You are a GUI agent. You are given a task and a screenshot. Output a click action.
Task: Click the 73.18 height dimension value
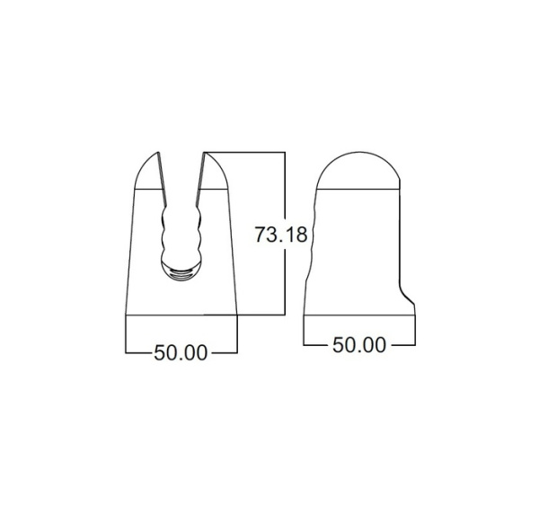click(281, 235)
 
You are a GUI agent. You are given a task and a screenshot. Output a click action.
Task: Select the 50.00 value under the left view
click(181, 352)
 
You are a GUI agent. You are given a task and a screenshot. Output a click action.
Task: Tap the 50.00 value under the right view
click(359, 344)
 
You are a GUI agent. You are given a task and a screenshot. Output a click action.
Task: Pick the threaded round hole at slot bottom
click(183, 272)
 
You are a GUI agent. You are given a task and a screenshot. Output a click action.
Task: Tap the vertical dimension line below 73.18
click(285, 283)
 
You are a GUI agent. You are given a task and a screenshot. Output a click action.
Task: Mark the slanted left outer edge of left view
click(129, 252)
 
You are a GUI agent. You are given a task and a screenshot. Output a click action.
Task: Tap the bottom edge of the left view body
click(181, 315)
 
